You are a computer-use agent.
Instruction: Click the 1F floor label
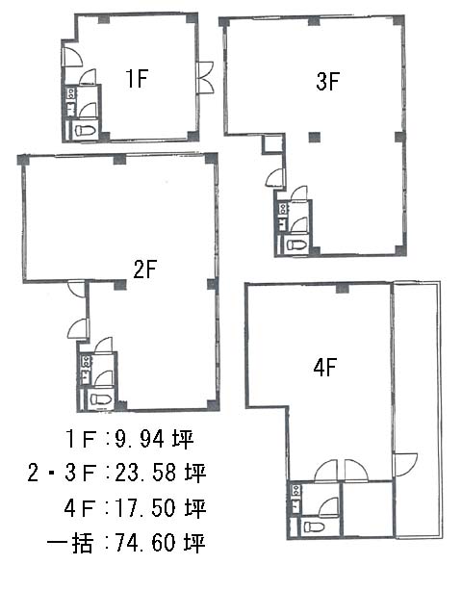(137, 78)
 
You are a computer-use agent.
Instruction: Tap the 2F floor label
(145, 269)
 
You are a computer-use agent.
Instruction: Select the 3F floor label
(327, 82)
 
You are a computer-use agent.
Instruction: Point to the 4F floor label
(325, 368)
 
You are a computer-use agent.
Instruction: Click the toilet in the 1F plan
(85, 130)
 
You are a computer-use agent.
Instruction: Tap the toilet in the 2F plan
(100, 400)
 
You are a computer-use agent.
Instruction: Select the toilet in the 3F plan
(295, 245)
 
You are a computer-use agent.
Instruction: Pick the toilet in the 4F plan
(315, 526)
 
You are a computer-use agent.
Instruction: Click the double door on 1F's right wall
(206, 77)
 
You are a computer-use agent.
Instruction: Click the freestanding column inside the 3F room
(315, 137)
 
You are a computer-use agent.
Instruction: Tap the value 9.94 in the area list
(139, 439)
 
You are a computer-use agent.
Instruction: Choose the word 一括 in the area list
(70, 543)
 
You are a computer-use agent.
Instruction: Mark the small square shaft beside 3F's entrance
(272, 144)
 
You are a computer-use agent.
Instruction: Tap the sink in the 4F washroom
(295, 490)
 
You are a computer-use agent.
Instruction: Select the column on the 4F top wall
(343, 289)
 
